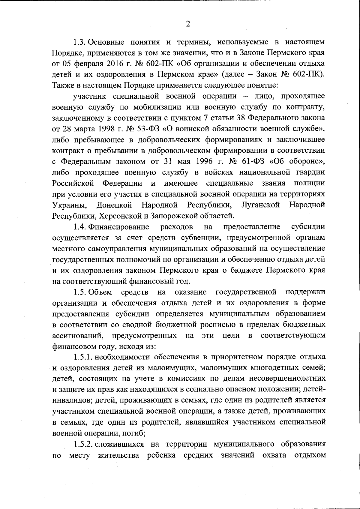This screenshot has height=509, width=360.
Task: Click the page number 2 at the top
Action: (188, 24)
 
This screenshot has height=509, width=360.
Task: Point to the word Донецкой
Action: (114, 205)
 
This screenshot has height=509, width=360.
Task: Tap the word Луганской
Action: (260, 205)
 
